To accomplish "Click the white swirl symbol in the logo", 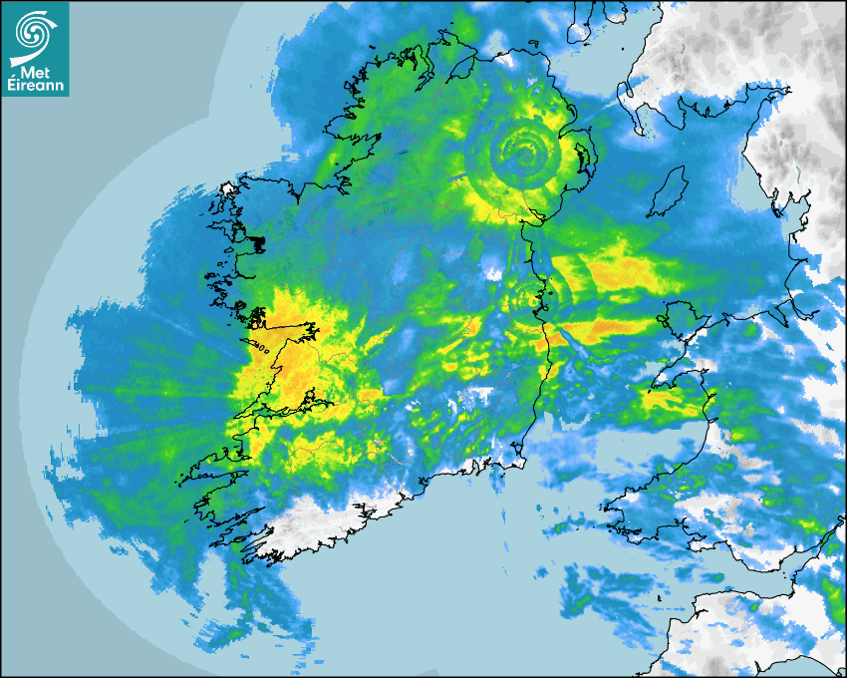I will click(35, 32).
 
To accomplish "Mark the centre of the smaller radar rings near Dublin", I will click(521, 295).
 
